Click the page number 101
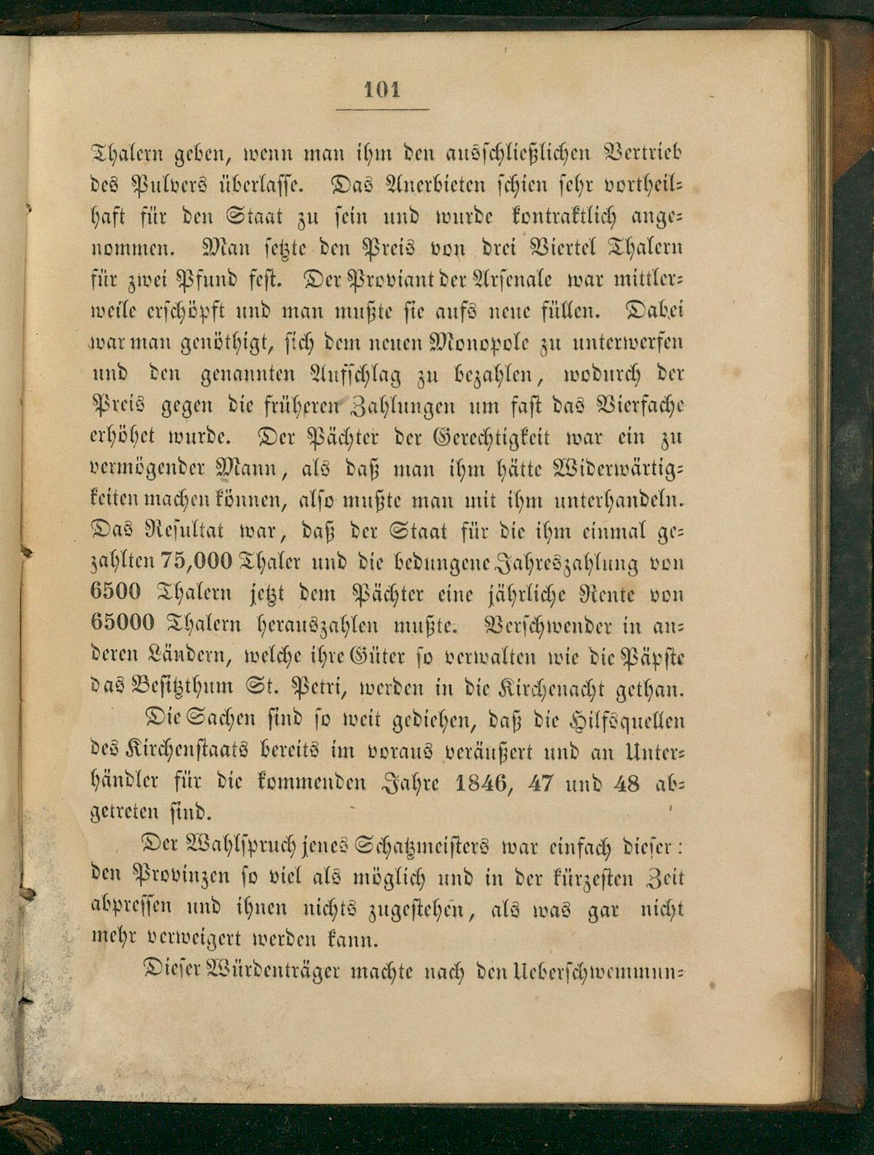point(382,89)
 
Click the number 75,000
point(196,562)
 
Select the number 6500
point(115,593)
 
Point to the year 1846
point(483,783)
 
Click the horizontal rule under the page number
point(383,110)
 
